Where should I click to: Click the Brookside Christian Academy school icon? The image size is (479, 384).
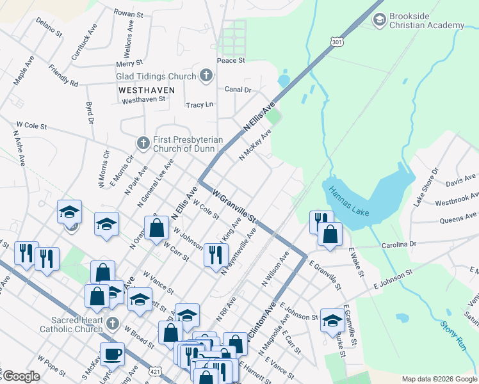coord(379,20)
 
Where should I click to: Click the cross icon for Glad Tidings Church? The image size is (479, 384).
coord(206,76)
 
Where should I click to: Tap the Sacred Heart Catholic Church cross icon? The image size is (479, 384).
coord(113,324)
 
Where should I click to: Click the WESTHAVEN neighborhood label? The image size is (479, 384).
coord(143,91)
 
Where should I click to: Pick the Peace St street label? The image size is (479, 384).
coord(231,60)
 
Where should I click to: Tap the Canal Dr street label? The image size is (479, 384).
coord(238,90)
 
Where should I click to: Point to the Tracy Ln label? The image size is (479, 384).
coord(199,104)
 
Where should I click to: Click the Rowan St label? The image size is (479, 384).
coord(128,12)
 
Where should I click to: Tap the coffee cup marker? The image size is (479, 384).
coord(112,354)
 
